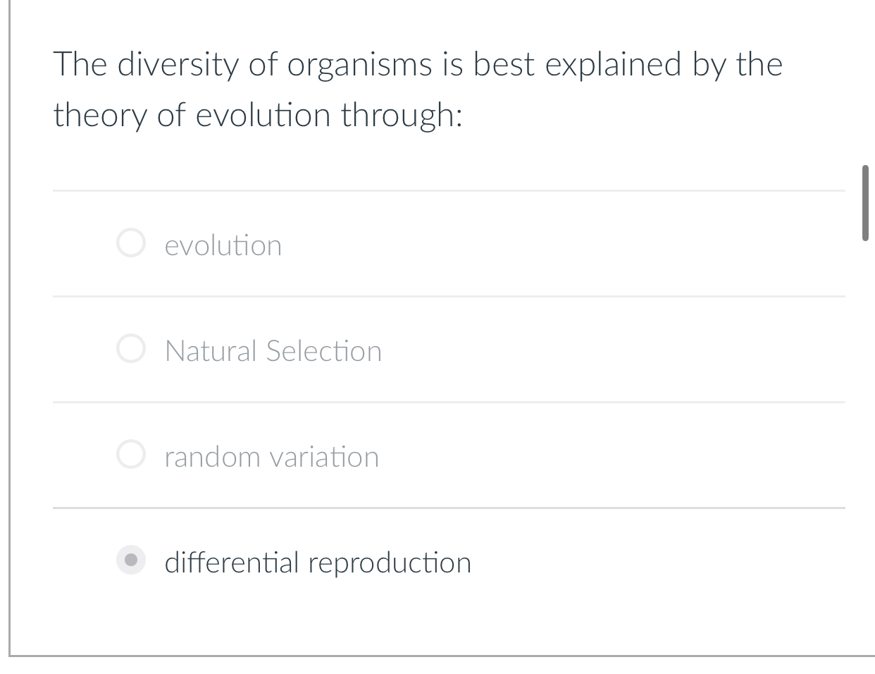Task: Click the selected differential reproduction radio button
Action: (x=130, y=561)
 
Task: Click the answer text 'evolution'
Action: (x=223, y=245)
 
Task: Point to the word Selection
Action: (x=324, y=351)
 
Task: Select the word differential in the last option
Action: (x=232, y=563)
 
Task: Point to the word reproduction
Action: (x=390, y=563)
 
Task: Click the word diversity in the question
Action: (x=178, y=65)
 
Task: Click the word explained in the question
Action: (x=613, y=65)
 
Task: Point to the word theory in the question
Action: (x=99, y=115)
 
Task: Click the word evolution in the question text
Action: (x=262, y=115)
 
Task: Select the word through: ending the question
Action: (x=402, y=115)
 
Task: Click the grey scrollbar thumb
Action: (x=865, y=203)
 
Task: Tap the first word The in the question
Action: (x=79, y=65)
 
